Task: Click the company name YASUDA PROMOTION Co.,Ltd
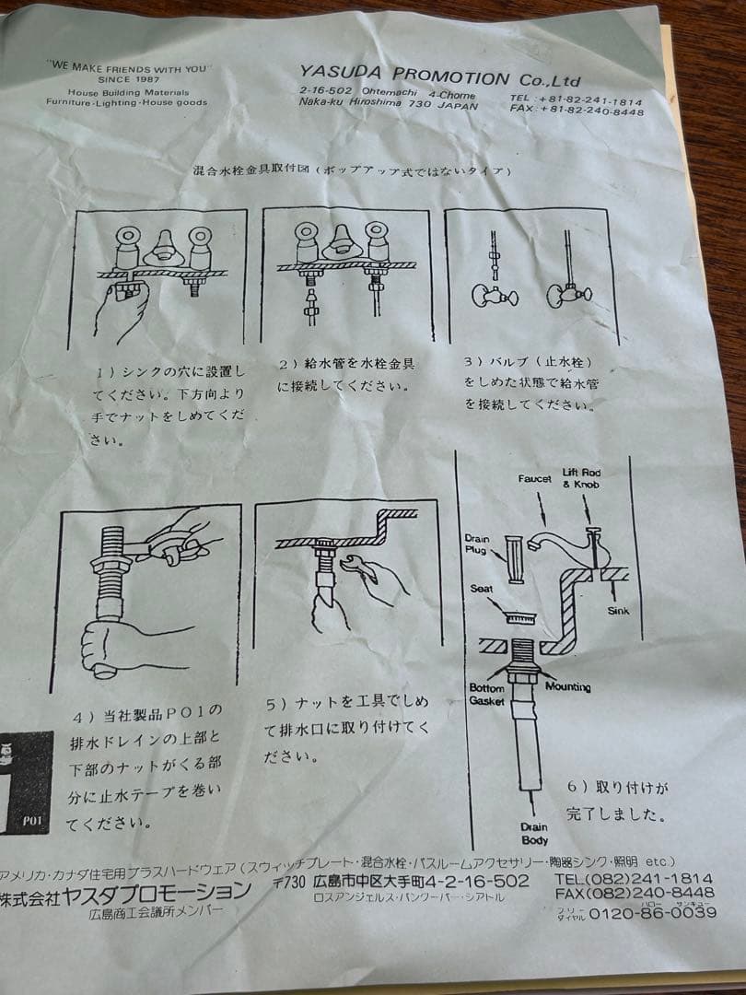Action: (439, 76)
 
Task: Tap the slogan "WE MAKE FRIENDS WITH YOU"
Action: (129, 68)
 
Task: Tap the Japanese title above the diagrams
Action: (350, 171)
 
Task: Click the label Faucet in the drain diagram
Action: (534, 479)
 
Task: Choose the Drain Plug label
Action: (475, 544)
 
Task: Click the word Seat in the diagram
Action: (482, 588)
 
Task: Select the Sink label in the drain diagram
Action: (619, 610)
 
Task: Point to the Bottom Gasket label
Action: (487, 694)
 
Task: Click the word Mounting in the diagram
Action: (567, 687)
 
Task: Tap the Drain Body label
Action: (533, 833)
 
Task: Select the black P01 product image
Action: (25, 783)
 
